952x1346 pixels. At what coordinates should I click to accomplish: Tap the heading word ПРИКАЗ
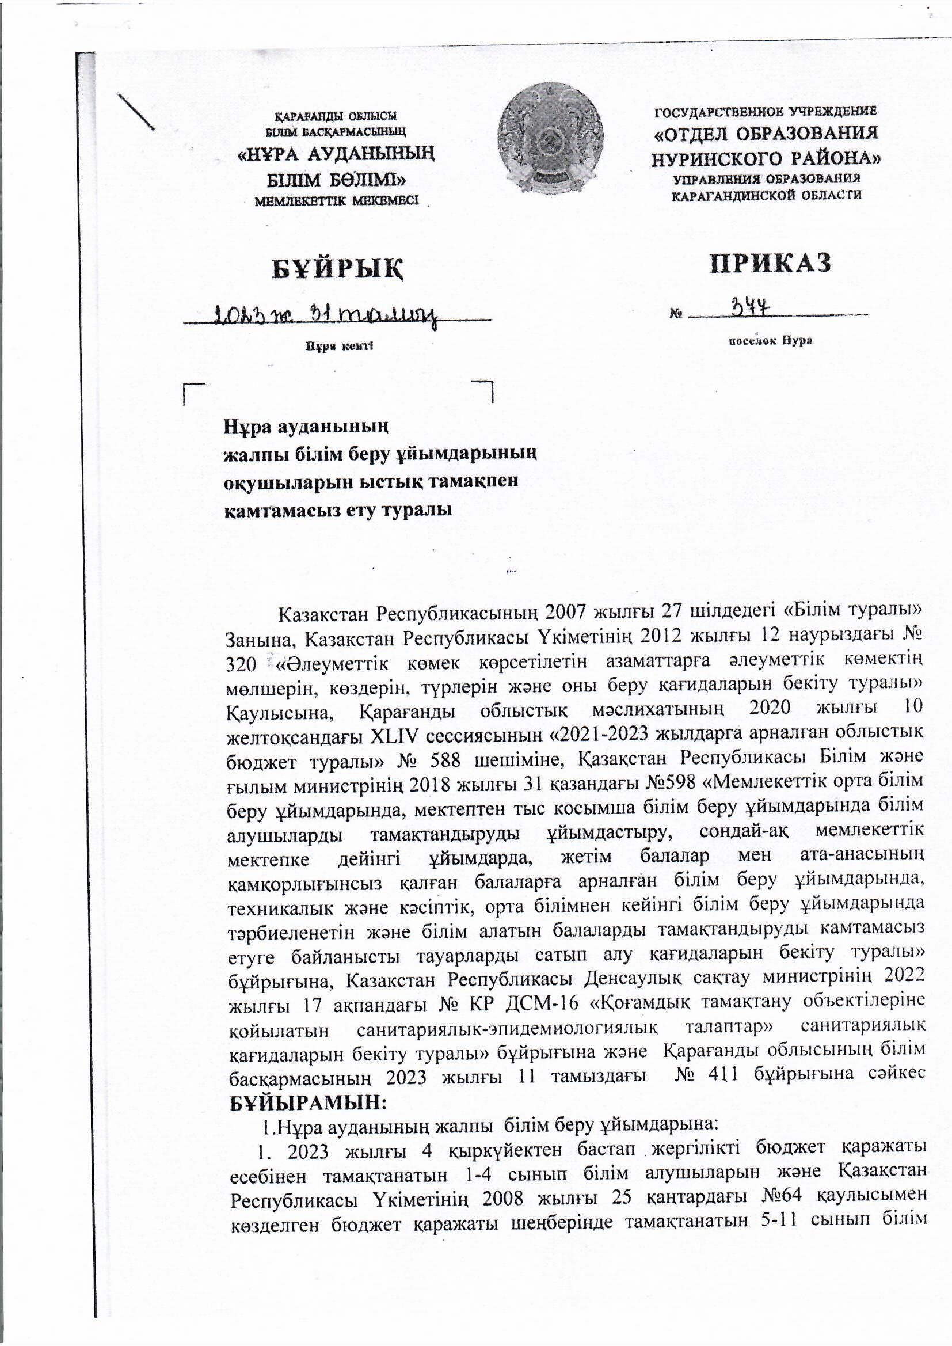pos(771,263)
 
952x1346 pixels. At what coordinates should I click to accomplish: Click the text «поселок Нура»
pos(769,341)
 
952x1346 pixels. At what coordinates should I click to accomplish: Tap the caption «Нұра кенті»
pos(339,346)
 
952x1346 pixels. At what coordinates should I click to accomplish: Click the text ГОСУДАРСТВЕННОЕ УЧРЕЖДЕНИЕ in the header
pos(767,111)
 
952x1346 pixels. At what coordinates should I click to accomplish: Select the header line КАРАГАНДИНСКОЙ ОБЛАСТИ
pos(767,196)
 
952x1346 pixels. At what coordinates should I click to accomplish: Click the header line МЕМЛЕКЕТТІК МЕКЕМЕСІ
pos(336,201)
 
